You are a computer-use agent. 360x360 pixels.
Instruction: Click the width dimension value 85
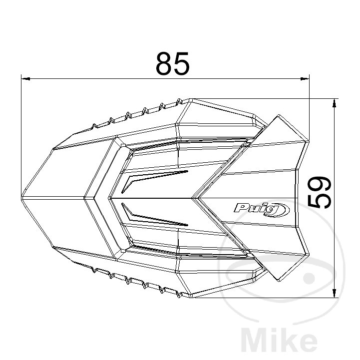(173, 63)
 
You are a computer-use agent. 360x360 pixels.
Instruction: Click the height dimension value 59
(319, 192)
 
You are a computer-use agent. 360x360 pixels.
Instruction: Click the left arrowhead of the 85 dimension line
(25, 79)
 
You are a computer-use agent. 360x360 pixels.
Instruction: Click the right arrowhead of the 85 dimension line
(305, 79)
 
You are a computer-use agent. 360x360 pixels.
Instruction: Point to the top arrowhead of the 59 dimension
(335, 103)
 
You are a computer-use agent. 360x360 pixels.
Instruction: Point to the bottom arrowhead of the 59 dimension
(335, 293)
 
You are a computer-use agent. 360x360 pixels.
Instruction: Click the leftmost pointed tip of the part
(21, 198)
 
